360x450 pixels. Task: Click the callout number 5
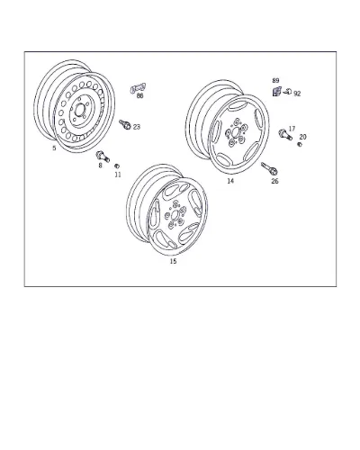[54, 148]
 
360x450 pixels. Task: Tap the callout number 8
[100, 166]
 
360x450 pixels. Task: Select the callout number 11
[118, 175]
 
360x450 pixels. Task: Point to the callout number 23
[137, 127]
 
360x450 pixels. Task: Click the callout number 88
[139, 95]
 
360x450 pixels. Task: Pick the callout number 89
[275, 80]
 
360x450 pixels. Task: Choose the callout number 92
[297, 94]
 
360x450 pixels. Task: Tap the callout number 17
[292, 129]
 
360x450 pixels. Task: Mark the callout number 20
[302, 137]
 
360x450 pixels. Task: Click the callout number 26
[274, 181]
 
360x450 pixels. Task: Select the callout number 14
[230, 181]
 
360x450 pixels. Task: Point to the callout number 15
[173, 261]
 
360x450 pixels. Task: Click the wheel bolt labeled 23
[125, 124]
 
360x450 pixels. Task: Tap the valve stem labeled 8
[103, 157]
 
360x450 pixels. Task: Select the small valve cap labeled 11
[117, 166]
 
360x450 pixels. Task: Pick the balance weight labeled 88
[138, 88]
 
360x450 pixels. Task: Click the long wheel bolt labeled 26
[269, 168]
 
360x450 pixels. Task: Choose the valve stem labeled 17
[285, 134]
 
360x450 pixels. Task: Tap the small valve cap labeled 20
[300, 145]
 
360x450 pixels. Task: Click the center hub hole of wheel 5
[80, 111]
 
